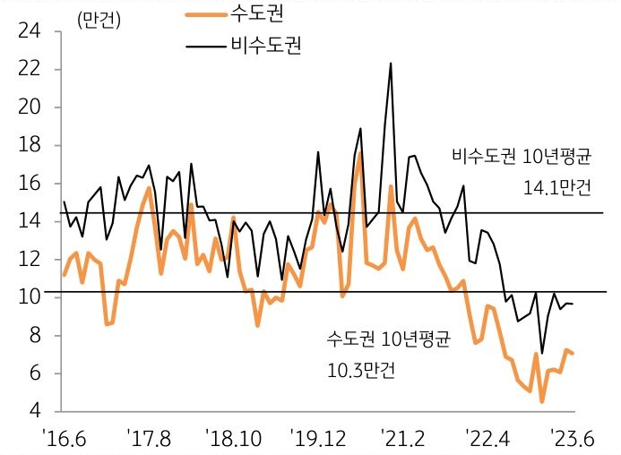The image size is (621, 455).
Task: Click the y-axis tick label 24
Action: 29,32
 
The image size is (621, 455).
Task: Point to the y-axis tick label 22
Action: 29,70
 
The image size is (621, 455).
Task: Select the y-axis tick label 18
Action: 29,146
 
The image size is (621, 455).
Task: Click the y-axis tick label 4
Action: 33,412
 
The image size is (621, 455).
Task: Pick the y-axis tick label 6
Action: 33,374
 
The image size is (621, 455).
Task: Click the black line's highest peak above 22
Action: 391,64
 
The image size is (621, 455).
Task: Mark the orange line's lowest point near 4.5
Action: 542,401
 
